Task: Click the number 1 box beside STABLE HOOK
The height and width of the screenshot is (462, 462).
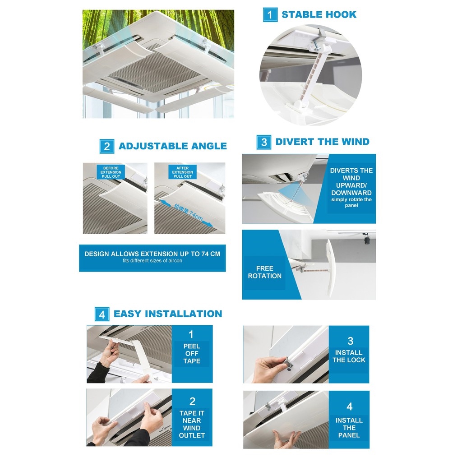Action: coord(270,14)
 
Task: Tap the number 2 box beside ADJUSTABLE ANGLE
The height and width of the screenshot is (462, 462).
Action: coord(107,146)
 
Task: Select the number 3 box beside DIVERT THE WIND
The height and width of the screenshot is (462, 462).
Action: coord(264,142)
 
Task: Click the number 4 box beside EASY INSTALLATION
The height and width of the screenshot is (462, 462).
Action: coord(102,314)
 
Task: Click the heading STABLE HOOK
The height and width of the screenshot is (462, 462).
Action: coord(319,14)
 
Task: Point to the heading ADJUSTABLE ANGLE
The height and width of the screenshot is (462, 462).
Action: coord(172,146)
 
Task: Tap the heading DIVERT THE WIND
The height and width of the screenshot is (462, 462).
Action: coord(322,142)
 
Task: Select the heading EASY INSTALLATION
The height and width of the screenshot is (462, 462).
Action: coord(168,314)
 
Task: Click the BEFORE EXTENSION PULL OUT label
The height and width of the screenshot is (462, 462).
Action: coord(111,172)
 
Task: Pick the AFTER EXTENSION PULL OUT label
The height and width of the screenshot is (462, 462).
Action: coord(182,172)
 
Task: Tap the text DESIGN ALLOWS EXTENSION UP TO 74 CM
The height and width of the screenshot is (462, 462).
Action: coord(152,254)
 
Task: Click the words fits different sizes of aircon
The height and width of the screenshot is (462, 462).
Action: coord(152,261)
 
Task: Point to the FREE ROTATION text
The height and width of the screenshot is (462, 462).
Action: coord(264,272)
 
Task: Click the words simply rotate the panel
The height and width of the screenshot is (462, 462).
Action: coord(351,202)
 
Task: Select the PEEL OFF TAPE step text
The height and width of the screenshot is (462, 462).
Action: coord(192,354)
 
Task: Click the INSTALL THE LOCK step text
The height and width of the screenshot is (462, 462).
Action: coord(349,356)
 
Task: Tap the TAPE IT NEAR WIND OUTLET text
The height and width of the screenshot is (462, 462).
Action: coord(192,424)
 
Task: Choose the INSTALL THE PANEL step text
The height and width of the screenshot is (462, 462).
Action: coord(349,428)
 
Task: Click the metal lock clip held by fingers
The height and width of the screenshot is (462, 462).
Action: coord(288,363)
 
